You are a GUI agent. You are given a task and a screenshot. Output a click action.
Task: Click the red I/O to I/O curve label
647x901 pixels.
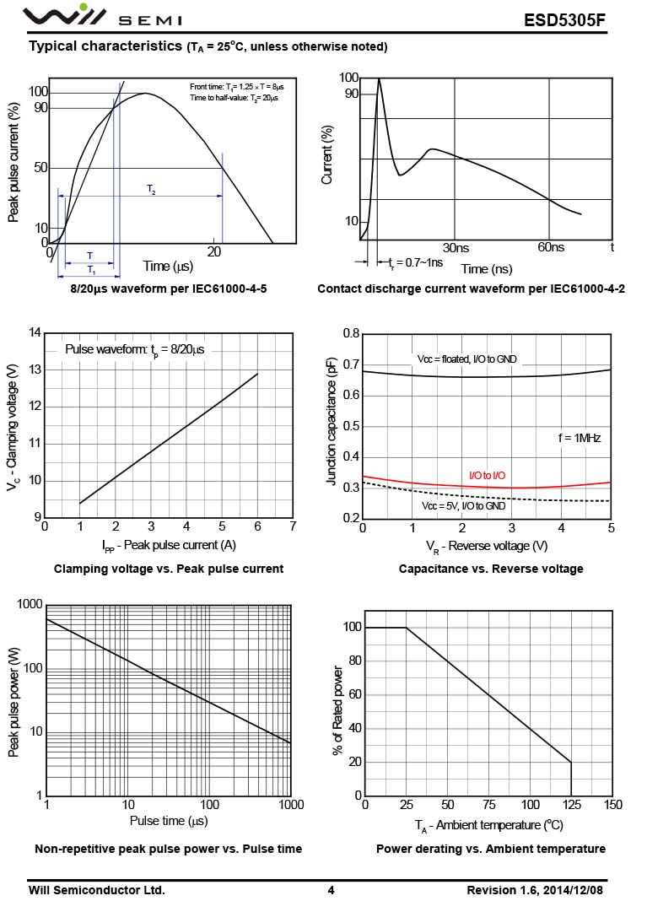[x=487, y=476]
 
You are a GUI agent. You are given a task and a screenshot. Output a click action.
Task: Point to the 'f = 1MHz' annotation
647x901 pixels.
[x=579, y=438]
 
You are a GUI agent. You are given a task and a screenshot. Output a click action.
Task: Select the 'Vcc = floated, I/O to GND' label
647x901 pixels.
[x=466, y=359]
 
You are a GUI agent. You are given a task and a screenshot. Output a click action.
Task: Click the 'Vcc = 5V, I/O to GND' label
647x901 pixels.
[x=463, y=505]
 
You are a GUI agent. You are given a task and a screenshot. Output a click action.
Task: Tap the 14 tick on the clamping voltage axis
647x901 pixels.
[x=35, y=332]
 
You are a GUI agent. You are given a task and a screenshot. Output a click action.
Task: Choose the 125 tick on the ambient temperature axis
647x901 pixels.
[x=571, y=805]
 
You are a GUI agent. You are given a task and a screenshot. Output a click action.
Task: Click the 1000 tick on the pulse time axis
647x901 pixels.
[x=289, y=805]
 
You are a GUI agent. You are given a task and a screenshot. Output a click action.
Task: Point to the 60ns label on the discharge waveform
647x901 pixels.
[x=550, y=247]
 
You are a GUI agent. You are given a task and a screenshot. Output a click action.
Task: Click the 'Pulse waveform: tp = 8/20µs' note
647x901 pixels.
[x=134, y=349]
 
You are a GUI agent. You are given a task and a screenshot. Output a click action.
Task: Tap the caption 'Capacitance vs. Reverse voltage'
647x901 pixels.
[x=491, y=569]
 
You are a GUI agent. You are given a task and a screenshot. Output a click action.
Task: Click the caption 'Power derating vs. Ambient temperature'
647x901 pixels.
[x=490, y=849]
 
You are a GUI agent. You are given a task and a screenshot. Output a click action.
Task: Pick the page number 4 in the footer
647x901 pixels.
[x=331, y=890]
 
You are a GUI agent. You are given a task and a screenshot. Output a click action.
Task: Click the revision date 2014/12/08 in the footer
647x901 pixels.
[x=572, y=890]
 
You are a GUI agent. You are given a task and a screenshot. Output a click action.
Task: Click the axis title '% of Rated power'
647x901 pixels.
[x=338, y=710]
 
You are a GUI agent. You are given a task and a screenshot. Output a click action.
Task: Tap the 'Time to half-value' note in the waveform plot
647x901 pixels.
[x=234, y=98]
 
